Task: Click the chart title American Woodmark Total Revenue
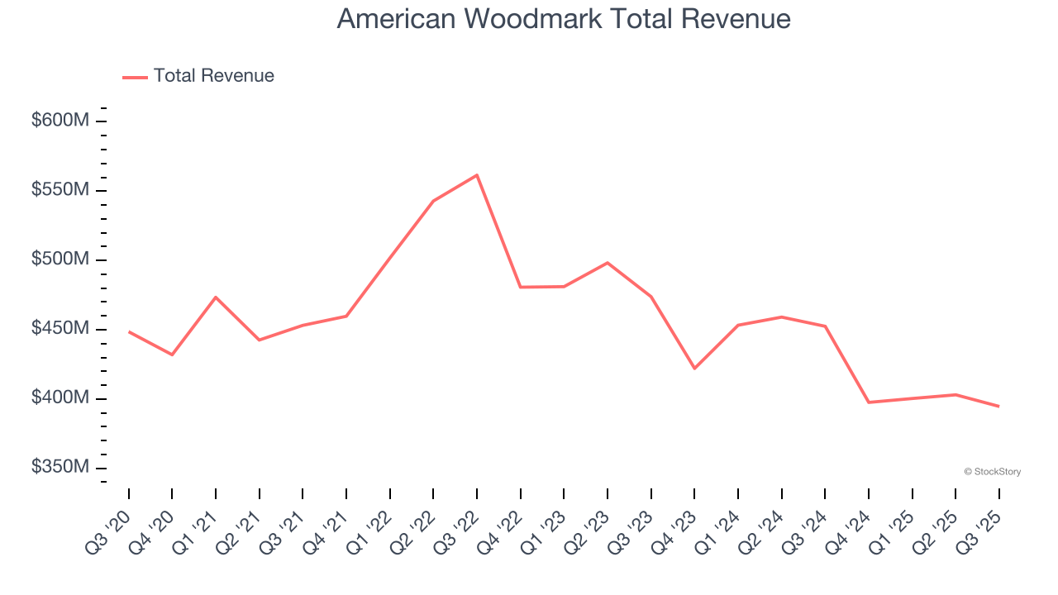click(x=564, y=18)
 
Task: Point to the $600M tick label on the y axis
click(x=60, y=121)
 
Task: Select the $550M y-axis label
click(x=60, y=190)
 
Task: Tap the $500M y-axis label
click(x=60, y=259)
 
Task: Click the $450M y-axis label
click(x=60, y=329)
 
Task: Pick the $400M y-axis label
click(x=60, y=398)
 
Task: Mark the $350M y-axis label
click(x=60, y=468)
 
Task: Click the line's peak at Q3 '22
click(x=477, y=175)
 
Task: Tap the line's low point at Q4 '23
click(x=694, y=369)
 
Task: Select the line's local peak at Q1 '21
click(x=216, y=297)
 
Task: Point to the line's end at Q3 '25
click(x=998, y=407)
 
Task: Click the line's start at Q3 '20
click(x=129, y=331)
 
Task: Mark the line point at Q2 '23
click(x=608, y=263)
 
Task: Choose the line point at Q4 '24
click(x=869, y=402)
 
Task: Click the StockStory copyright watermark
click(x=992, y=472)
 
